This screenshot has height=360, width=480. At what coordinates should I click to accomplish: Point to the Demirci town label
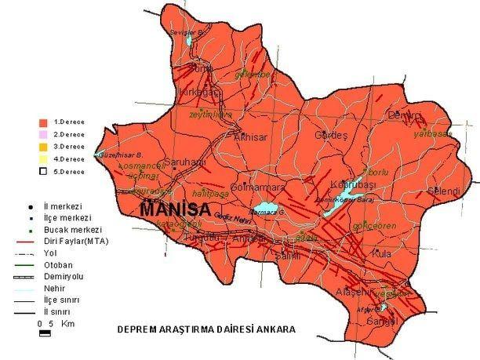(x=405, y=115)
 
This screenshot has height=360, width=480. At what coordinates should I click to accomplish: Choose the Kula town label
(x=382, y=254)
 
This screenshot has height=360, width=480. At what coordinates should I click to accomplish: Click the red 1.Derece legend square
(x=45, y=123)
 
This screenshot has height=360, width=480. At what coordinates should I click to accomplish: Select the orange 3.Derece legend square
(x=45, y=147)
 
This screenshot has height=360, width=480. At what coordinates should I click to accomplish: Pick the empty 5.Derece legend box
(x=45, y=171)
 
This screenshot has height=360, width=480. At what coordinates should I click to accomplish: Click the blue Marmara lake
(x=267, y=210)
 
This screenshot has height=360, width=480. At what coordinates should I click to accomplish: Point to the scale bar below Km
(x=45, y=334)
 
